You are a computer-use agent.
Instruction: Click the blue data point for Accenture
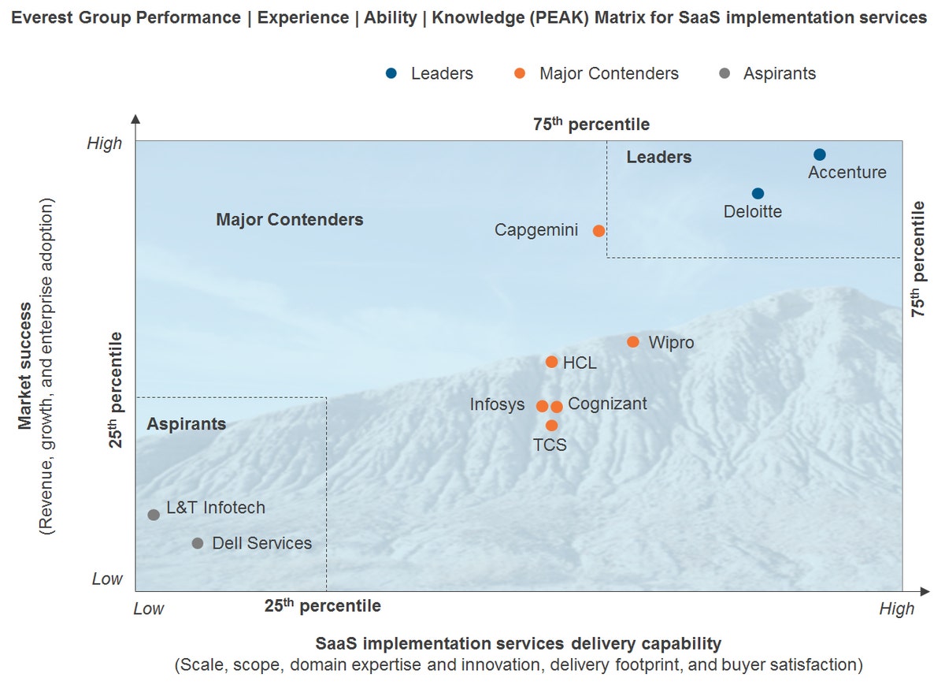[x=820, y=154]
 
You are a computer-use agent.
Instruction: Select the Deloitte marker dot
[x=758, y=193]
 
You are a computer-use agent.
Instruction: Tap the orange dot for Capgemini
[x=598, y=231]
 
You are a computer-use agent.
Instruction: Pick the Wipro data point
[x=632, y=341]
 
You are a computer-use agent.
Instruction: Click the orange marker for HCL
[x=551, y=362]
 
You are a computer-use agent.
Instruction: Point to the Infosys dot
[x=542, y=406]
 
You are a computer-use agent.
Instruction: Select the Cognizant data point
[x=557, y=407]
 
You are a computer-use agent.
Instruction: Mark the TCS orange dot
[x=551, y=426]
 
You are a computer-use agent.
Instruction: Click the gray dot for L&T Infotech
[x=154, y=515]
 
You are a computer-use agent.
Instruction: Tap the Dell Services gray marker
[x=198, y=543]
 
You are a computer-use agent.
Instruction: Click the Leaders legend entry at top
[x=429, y=73]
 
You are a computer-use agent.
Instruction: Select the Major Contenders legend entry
[x=596, y=73]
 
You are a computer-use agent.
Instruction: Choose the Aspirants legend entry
[x=767, y=73]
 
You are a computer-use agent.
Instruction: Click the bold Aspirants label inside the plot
[x=186, y=424]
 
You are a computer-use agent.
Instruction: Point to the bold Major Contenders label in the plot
[x=290, y=219]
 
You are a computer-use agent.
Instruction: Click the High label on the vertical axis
[x=105, y=143]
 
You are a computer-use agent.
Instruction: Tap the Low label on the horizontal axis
[x=149, y=609]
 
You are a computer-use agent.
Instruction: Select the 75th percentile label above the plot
[x=591, y=124]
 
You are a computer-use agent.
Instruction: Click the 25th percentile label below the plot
[x=322, y=605]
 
